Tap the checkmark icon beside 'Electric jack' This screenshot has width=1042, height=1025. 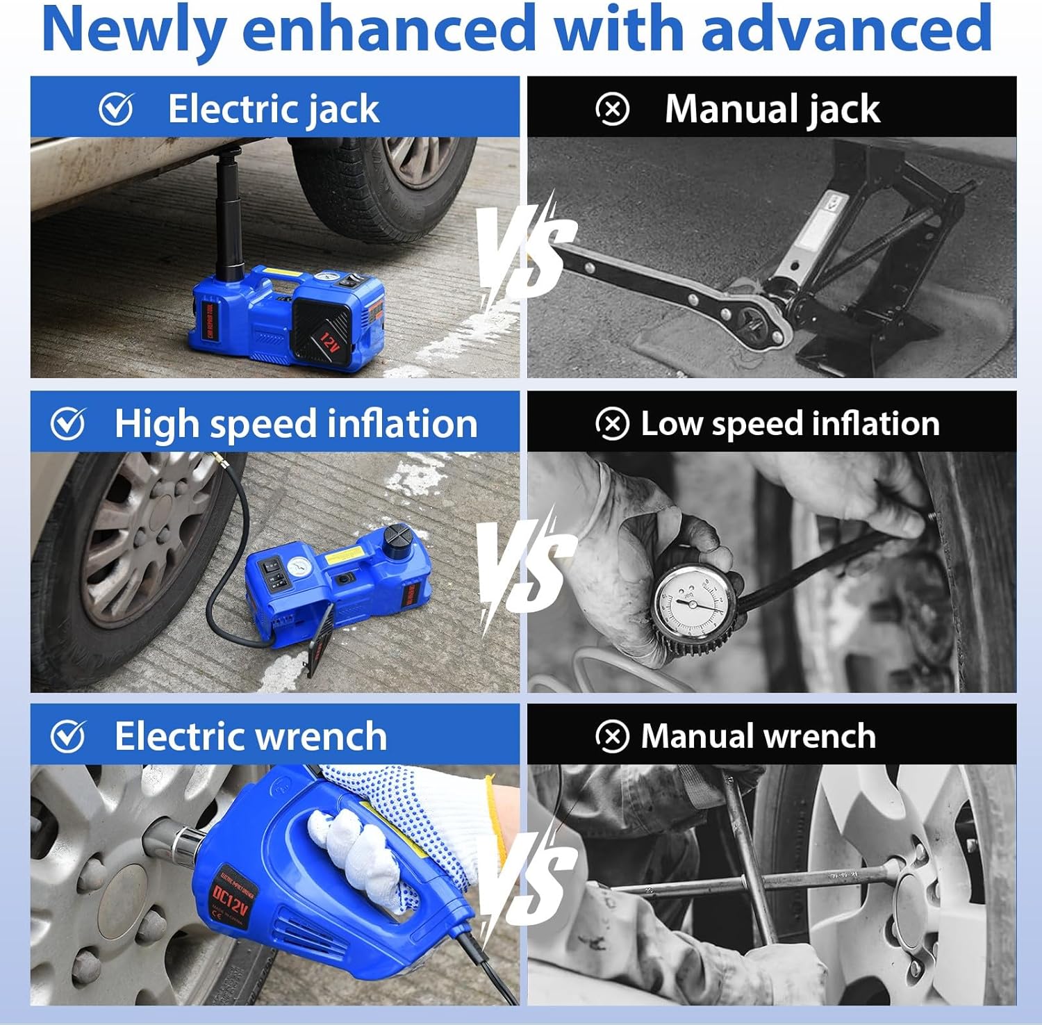116,109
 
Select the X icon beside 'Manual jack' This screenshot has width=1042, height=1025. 612,109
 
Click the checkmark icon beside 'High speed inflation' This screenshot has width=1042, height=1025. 68,424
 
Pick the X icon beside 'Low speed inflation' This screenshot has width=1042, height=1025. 612,424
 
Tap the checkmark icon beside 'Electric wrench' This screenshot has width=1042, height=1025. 68,737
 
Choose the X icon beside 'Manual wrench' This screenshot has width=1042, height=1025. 612,737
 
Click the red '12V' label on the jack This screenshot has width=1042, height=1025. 329,340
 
